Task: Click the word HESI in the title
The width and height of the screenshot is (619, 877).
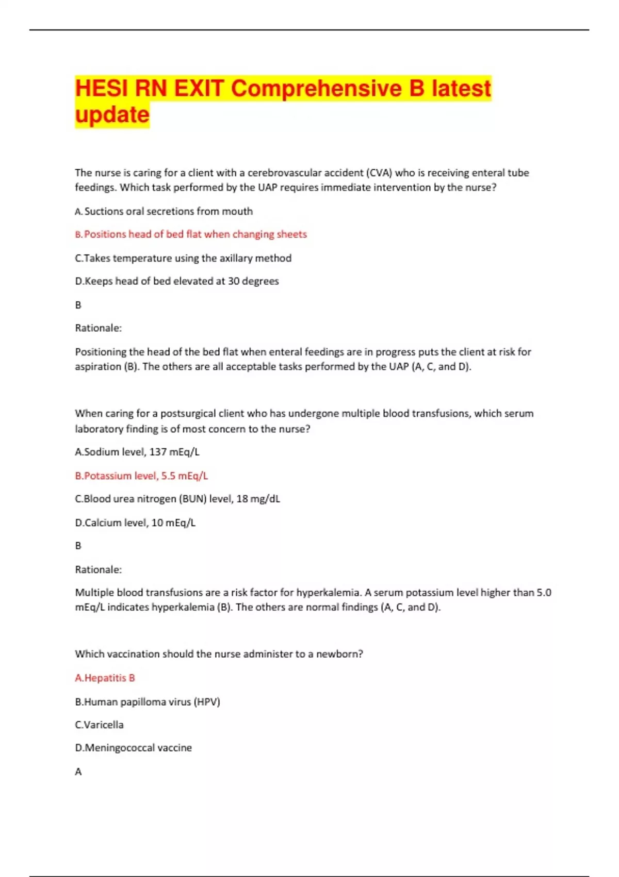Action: (101, 88)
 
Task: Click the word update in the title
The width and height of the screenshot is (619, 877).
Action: (112, 115)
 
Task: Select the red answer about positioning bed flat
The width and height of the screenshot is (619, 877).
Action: (191, 234)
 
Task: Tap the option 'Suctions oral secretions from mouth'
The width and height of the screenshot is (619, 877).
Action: (164, 211)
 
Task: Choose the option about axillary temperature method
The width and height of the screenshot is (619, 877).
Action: (183, 258)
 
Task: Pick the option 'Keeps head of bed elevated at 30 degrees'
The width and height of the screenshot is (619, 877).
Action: (177, 281)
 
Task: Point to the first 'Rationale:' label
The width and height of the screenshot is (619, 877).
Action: (98, 328)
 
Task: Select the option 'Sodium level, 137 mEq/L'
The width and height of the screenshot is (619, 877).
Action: (137, 452)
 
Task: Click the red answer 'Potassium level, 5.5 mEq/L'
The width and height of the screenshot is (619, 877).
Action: (141, 476)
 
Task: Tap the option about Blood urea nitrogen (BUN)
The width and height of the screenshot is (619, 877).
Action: (177, 499)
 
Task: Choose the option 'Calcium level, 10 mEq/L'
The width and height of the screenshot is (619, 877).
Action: (135, 523)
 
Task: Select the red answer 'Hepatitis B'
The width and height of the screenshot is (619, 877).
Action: (105, 678)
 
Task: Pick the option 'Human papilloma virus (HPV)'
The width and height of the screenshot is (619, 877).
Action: (148, 702)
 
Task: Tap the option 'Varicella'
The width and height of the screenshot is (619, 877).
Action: (99, 725)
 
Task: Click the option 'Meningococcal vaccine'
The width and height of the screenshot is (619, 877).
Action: (133, 748)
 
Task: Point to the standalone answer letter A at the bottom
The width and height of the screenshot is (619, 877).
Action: (78, 772)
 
